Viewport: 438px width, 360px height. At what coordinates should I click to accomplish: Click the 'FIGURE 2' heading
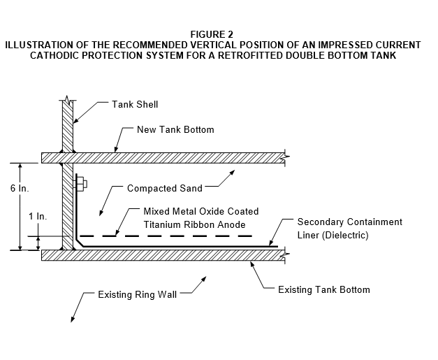[x=212, y=34]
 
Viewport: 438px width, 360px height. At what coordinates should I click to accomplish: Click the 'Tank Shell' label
[x=135, y=104]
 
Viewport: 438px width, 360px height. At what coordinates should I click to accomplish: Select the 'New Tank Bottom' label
[x=175, y=130]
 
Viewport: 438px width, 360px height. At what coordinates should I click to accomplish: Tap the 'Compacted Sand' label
[x=165, y=188]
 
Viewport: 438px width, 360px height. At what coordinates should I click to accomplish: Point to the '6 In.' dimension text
[x=20, y=188]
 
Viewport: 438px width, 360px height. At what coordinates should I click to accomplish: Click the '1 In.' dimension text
[x=38, y=216]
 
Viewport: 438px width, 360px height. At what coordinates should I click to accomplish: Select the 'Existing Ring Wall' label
[x=137, y=294]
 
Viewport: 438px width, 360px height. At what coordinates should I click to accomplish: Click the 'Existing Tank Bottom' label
[x=324, y=289]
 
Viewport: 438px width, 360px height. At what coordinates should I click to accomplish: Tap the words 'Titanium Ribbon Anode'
[x=194, y=224]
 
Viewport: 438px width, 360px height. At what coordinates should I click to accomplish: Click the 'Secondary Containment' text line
[x=350, y=222]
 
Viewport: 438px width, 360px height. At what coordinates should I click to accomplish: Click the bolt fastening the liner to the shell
[x=80, y=184]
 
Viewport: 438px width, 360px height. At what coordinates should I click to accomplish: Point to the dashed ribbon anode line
[x=166, y=236]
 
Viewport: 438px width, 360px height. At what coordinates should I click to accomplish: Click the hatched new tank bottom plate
[x=163, y=158]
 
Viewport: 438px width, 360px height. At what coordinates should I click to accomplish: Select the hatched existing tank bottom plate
[x=163, y=255]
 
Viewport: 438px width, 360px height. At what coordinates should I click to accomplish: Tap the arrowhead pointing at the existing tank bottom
[x=252, y=264]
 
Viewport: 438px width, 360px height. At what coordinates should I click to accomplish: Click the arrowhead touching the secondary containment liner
[x=271, y=243]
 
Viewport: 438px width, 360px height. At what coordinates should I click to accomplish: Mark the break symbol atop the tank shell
[x=67, y=99]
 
